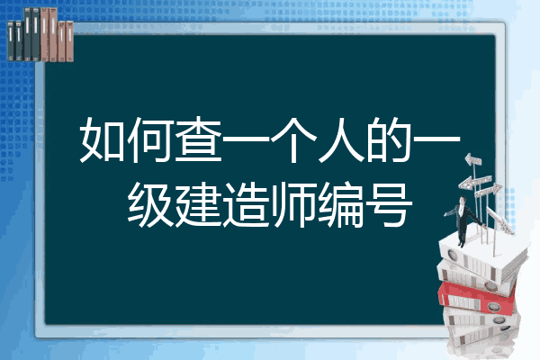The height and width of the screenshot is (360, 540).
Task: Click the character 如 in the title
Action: [103, 139]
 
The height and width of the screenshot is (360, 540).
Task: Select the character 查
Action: [198, 139]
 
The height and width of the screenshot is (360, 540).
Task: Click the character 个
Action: [293, 139]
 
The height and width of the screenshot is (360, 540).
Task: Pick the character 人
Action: [341, 139]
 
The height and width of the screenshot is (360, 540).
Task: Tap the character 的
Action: [389, 139]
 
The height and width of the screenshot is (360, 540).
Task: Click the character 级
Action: [150, 204]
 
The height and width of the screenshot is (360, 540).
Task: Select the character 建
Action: [198, 204]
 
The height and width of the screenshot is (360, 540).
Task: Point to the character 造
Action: [246, 204]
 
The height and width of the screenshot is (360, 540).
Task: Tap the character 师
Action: [293, 204]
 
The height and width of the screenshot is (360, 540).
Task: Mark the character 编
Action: [341, 204]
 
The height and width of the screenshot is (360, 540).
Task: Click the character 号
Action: [389, 204]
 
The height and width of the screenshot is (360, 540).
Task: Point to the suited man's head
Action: [463, 200]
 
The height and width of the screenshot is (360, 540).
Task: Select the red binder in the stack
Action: [477, 297]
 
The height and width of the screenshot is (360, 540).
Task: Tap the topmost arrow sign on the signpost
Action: [473, 159]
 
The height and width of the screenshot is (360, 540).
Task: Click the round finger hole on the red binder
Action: [493, 307]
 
